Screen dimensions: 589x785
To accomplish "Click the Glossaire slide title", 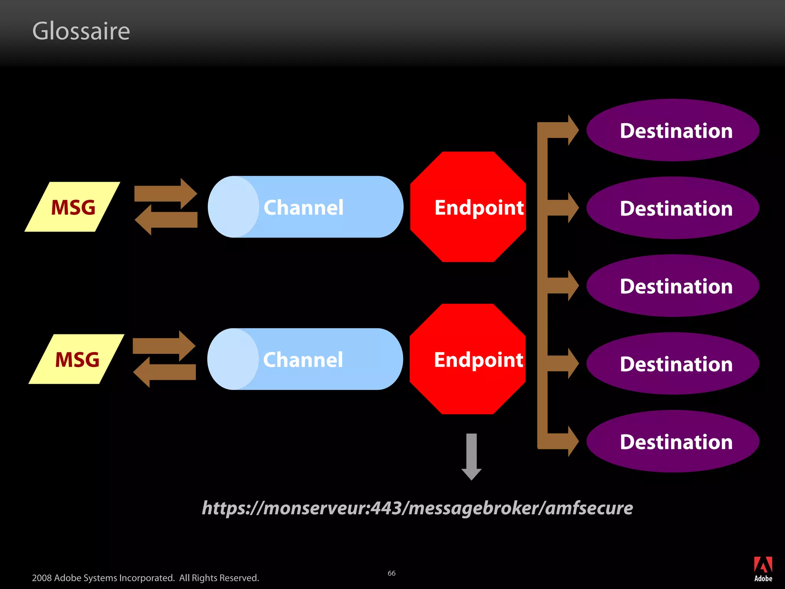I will point(81,31).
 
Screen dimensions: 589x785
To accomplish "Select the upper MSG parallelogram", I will point(72,207).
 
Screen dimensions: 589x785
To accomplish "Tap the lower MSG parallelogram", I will point(77,359).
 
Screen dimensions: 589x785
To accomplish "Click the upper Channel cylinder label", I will point(303,207).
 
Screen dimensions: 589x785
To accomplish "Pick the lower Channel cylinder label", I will point(303,360).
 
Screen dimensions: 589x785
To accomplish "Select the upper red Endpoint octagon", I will point(468,207).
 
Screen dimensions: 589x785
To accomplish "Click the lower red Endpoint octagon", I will point(468,359).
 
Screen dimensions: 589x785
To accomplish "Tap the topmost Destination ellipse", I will point(673,130).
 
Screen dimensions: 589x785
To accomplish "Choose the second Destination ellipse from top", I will point(673,208).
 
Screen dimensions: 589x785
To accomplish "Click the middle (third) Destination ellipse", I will point(673,286).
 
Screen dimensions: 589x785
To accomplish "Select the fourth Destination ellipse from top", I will point(673,364).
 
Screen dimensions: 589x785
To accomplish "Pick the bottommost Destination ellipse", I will point(673,442).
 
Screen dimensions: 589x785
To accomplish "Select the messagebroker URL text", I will point(417,508).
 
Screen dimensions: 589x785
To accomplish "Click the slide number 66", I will point(391,573).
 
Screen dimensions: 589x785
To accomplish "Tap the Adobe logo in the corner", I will point(763,569).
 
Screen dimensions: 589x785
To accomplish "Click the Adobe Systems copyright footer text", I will point(145,578).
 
